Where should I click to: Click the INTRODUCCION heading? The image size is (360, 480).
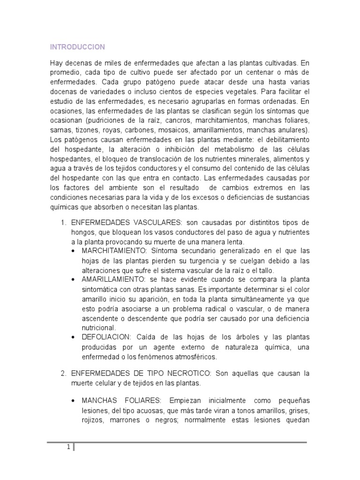pyautogui.click(x=77, y=47)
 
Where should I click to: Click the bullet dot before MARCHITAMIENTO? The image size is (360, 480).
pyautogui.click(x=75, y=251)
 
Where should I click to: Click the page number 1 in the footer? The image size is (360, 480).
pyautogui.click(x=68, y=447)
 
